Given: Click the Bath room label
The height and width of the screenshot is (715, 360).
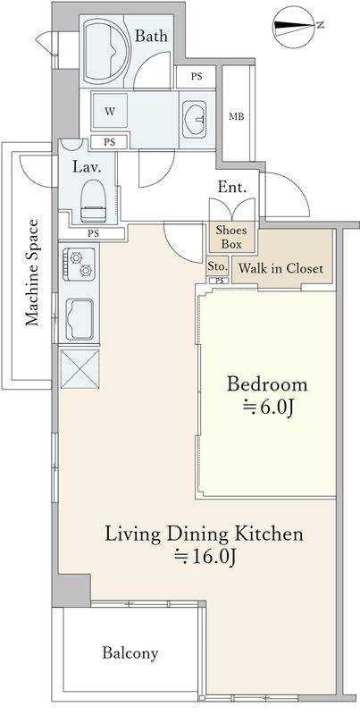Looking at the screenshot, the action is (151, 36).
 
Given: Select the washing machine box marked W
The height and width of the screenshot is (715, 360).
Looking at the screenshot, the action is (110, 111).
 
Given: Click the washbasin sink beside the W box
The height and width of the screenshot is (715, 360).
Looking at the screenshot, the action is (195, 120).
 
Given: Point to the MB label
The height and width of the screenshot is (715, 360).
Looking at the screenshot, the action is (236, 117).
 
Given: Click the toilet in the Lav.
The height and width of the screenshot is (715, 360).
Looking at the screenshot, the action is (93, 201).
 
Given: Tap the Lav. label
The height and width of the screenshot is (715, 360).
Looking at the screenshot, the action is (87, 166).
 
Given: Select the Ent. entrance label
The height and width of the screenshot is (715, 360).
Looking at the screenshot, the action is (232, 187).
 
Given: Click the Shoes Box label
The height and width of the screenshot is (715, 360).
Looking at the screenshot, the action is (231, 237).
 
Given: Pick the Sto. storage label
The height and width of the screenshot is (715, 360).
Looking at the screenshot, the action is (217, 266).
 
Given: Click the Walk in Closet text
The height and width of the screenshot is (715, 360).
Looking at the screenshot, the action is (280, 268).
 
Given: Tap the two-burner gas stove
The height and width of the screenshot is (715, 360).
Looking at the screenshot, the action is (80, 264).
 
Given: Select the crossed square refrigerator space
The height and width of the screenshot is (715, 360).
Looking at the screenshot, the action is (80, 369).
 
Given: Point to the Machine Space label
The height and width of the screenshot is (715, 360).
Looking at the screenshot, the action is (31, 273).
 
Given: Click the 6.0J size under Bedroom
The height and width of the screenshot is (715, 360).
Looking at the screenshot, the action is (267, 408).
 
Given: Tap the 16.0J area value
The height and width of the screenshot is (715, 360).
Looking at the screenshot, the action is (205, 557).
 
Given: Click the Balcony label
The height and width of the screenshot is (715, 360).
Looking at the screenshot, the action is (130, 653).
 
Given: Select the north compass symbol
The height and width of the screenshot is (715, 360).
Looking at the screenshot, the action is (295, 27).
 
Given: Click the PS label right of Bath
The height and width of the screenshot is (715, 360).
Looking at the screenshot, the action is (197, 77).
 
